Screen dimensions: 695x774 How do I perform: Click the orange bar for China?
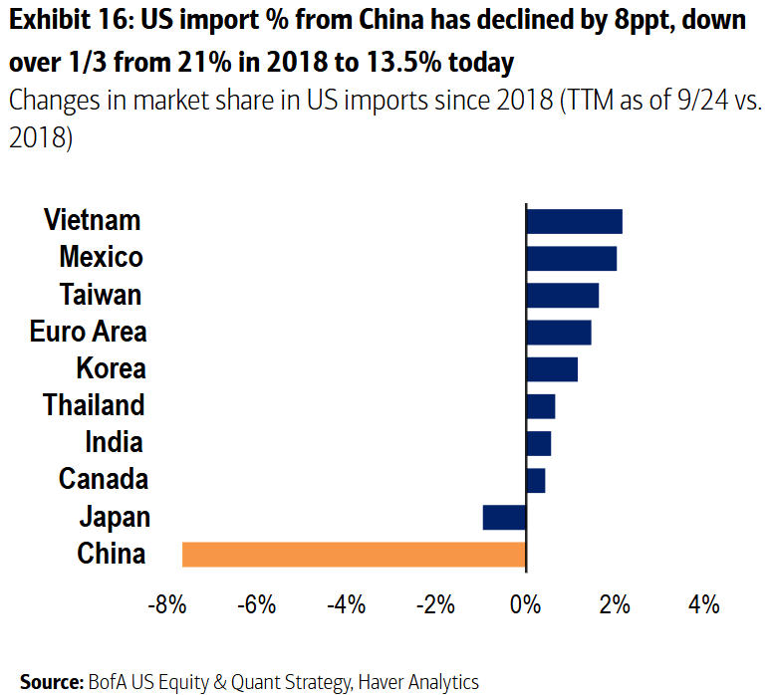pos(354,554)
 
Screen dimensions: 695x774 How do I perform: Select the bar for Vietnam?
pos(574,221)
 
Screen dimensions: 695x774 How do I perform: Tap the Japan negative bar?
pos(504,517)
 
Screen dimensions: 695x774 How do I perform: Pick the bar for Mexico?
pos(571,258)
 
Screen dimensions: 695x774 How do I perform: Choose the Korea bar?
pos(552,369)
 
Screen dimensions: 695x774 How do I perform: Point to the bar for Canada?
pos(535,480)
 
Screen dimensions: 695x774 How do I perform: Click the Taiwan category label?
pos(100,295)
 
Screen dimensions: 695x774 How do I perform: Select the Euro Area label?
pos(88,332)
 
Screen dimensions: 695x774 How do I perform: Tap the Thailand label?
pos(94,405)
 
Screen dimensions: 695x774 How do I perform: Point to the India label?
pos(114,442)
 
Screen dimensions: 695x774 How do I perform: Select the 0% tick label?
pos(526,605)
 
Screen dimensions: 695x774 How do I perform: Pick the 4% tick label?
pos(703,605)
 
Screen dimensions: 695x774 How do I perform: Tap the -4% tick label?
pos(347,605)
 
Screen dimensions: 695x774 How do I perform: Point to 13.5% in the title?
pos(395,64)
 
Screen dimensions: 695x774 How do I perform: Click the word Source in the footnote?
pos(49,682)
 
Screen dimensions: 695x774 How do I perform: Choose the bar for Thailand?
pos(540,406)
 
